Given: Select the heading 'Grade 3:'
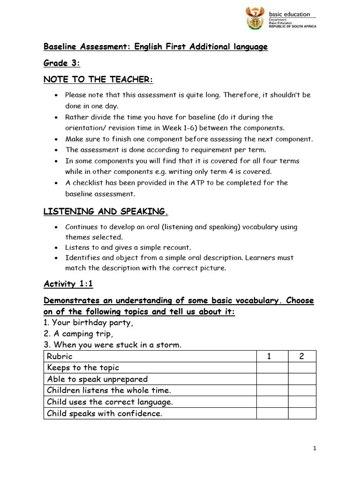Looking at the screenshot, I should pyautogui.click(x=59, y=63).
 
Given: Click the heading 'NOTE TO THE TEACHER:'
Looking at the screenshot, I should pyautogui.click(x=98, y=80).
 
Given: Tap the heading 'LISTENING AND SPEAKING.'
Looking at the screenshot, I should pyautogui.click(x=105, y=212).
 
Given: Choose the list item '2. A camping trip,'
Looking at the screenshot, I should pyautogui.click(x=79, y=334).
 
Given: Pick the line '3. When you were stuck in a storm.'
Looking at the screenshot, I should pyautogui.click(x=112, y=345).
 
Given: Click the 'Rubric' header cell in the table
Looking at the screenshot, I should pyautogui.click(x=60, y=356).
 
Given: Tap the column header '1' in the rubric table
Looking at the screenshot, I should pyautogui.click(x=269, y=356).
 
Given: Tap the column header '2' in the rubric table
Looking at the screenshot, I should pyautogui.click(x=302, y=356).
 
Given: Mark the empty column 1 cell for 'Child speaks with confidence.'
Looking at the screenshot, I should pyautogui.click(x=272, y=413).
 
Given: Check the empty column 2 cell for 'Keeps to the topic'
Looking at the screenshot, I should pyautogui.click(x=302, y=367).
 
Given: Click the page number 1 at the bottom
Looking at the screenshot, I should pyautogui.click(x=315, y=449).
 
